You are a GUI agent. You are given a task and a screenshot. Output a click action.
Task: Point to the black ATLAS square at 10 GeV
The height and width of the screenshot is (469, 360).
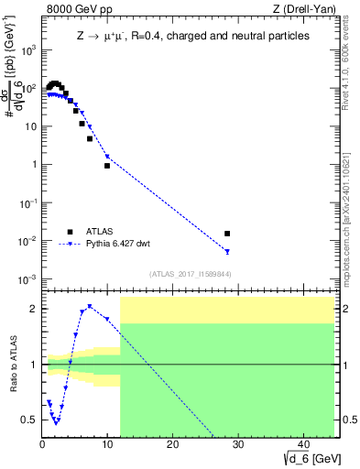click(107, 166)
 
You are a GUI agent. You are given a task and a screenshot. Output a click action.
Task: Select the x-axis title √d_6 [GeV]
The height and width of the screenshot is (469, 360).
click(307, 458)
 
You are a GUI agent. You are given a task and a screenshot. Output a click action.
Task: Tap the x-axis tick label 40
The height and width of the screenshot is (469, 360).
click(301, 444)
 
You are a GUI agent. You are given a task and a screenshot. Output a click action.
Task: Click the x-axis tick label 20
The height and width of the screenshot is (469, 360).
click(172, 444)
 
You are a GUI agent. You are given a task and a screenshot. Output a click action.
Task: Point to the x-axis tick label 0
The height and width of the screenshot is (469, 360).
click(43, 444)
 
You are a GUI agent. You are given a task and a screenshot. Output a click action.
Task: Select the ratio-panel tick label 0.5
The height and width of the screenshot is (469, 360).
click(28, 420)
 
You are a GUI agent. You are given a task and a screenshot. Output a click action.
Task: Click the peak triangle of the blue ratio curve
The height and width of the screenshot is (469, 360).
click(90, 306)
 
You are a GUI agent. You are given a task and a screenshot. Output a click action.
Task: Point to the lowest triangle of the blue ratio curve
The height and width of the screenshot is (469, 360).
click(57, 422)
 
